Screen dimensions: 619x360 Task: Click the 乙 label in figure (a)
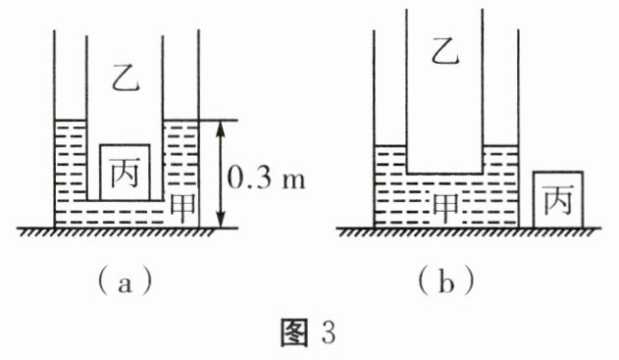pyautogui.click(x=126, y=81)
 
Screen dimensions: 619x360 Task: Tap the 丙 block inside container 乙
pyautogui.click(x=125, y=173)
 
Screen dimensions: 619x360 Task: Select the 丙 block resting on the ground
pyautogui.click(x=558, y=199)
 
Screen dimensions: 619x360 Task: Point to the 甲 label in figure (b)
pyautogui.click(x=445, y=208)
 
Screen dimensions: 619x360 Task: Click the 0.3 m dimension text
pyautogui.click(x=266, y=179)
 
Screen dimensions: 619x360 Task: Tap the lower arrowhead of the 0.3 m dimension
pyautogui.click(x=221, y=221)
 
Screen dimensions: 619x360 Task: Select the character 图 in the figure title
pyautogui.click(x=294, y=333)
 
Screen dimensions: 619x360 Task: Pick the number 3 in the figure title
pyautogui.click(x=329, y=333)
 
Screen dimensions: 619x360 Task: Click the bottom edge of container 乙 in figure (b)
pyautogui.click(x=444, y=174)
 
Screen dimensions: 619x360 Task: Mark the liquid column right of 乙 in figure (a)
pyautogui.click(x=181, y=160)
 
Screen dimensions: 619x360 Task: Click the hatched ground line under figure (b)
pyautogui.click(x=469, y=231)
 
